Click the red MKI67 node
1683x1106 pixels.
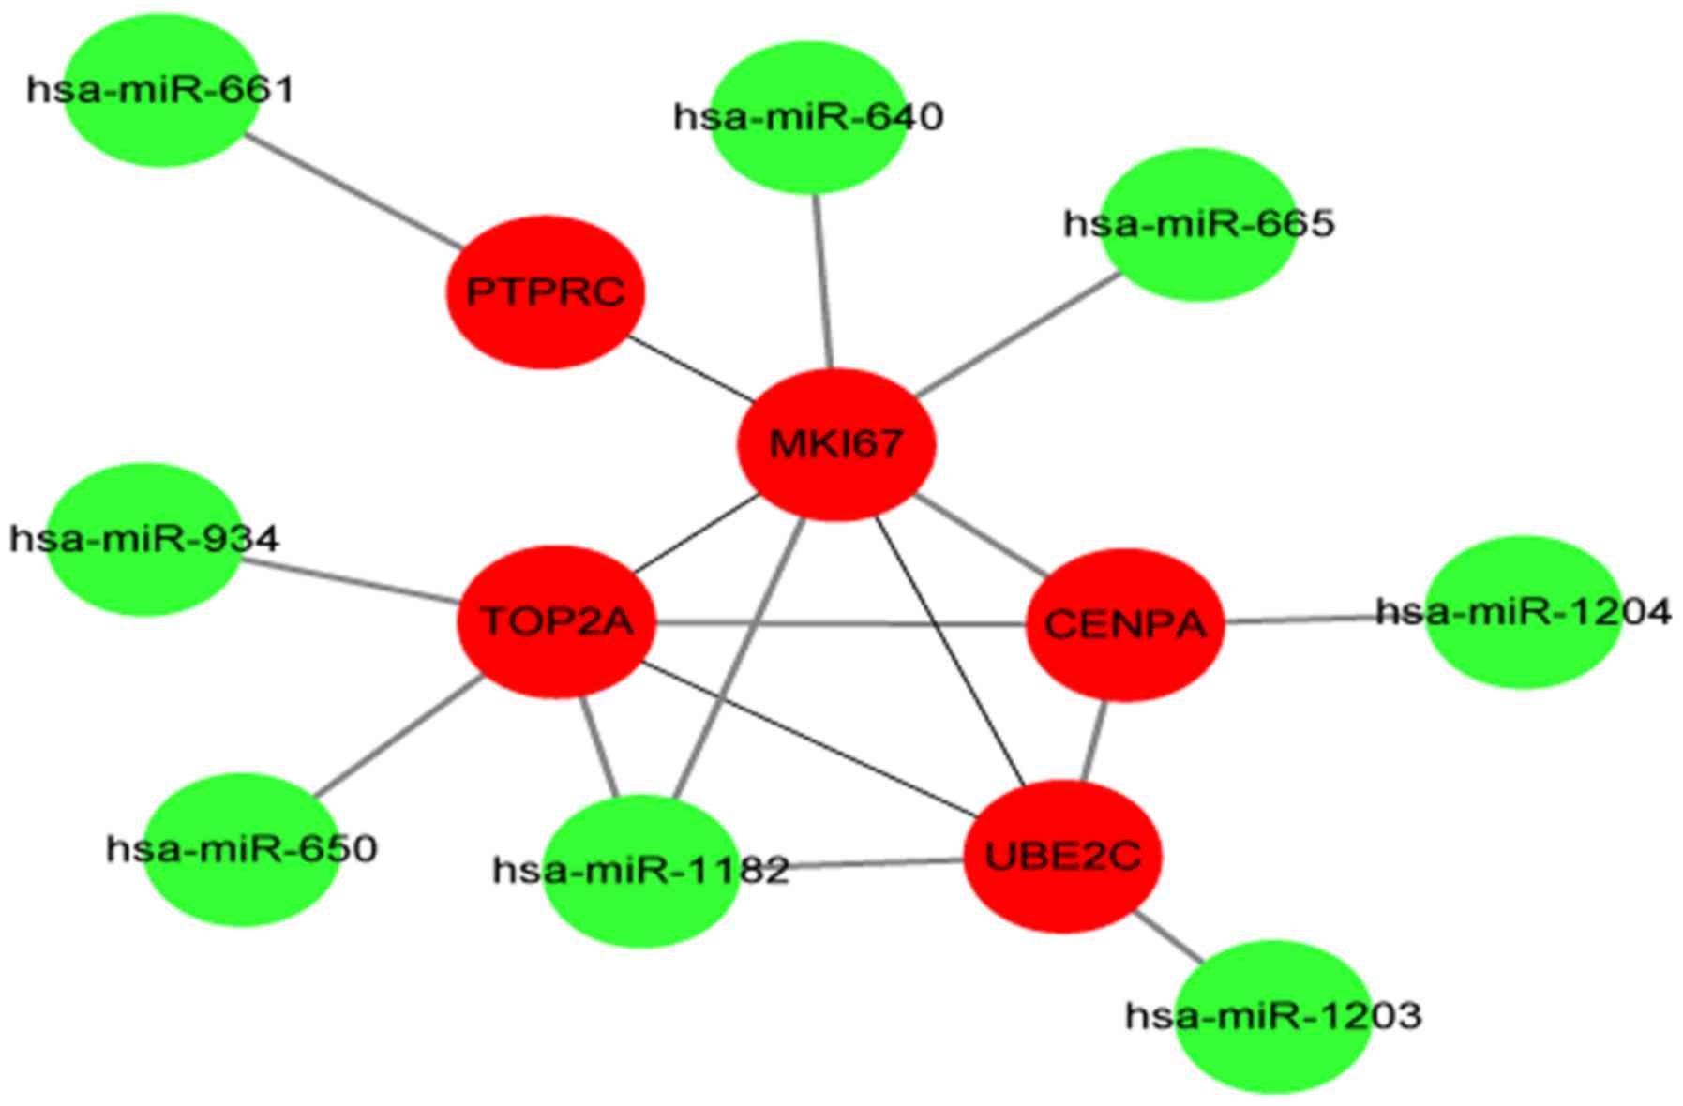coord(836,443)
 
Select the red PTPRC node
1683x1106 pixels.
coord(545,291)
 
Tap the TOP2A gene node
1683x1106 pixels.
coord(557,620)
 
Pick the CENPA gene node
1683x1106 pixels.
coord(1125,623)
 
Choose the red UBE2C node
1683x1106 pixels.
coord(1063,856)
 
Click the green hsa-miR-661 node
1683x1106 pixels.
coord(161,91)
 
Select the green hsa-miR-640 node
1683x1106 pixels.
coord(808,117)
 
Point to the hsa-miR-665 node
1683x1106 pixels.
coord(1198,224)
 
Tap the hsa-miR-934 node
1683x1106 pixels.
coord(143,539)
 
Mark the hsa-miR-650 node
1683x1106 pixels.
coord(242,849)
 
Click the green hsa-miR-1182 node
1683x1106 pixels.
coord(642,871)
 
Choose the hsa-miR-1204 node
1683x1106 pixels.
coord(1523,612)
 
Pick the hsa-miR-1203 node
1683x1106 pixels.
coord(1273,1016)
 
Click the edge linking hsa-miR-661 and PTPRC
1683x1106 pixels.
coord(353,192)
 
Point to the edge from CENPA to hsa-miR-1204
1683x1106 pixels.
coord(1324,619)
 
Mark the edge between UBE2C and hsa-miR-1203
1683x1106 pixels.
coord(1169,936)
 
